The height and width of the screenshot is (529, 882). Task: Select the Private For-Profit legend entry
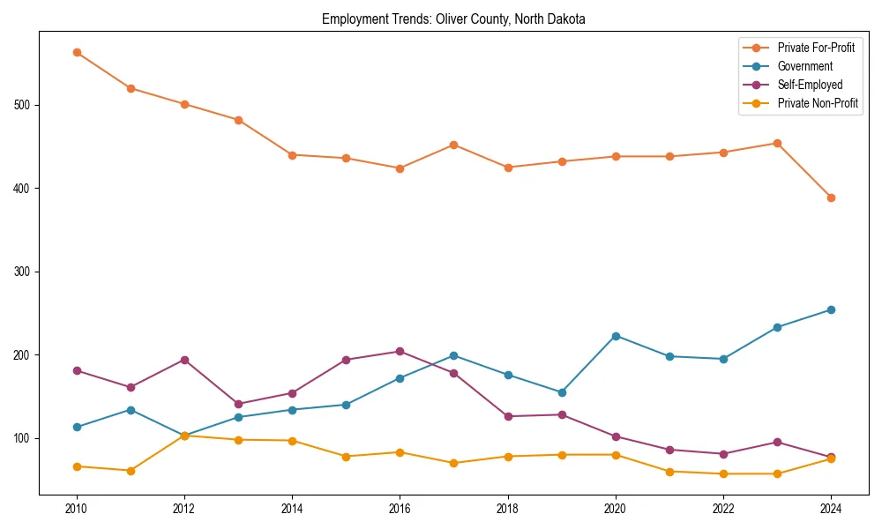[815, 48]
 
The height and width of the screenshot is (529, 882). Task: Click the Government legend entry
[804, 66]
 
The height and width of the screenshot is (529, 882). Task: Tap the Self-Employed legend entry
[810, 85]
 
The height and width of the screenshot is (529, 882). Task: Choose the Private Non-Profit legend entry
[818, 103]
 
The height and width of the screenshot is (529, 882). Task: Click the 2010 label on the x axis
[77, 508]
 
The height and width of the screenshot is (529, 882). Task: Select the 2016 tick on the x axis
[400, 508]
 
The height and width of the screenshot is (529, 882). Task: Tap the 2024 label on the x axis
[831, 508]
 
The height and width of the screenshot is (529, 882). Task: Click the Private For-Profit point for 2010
[77, 52]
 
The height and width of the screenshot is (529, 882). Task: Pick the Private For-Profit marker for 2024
[831, 197]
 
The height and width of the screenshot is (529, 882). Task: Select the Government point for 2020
[616, 336]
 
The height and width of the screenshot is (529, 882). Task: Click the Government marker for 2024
[831, 309]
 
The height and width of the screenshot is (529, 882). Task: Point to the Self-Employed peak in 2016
[400, 351]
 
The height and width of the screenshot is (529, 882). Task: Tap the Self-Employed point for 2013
[238, 404]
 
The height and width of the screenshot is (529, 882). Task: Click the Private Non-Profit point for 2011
[131, 471]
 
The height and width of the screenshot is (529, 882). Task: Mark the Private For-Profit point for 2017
[453, 145]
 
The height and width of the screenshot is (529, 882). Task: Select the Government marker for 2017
[453, 355]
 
